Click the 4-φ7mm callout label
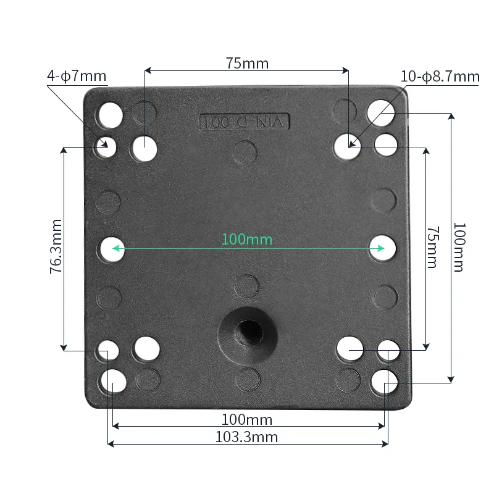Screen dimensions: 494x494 point(77,77)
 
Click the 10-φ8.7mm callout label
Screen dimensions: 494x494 point(440,77)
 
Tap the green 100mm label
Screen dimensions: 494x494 point(247,239)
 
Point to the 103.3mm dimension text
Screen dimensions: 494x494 point(246,437)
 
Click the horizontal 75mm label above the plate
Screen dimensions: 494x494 point(247,63)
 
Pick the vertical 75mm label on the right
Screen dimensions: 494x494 point(432,246)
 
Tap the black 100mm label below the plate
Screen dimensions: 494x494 point(247,420)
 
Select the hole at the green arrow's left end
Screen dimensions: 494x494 point(111,248)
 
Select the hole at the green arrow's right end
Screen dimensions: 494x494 point(383,248)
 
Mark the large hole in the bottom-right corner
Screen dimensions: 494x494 point(384,382)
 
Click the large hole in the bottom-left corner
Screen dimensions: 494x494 point(114,382)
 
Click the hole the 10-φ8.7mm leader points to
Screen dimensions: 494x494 point(348,147)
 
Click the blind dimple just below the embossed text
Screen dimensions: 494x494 point(246,151)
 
